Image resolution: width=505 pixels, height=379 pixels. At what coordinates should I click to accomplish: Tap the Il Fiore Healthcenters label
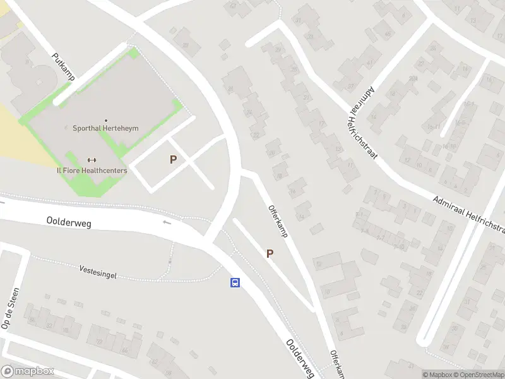coord(92,171)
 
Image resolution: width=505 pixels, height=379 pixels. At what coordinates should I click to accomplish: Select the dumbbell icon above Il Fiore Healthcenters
coord(92,160)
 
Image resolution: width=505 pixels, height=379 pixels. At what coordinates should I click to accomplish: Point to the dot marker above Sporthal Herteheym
coord(106,120)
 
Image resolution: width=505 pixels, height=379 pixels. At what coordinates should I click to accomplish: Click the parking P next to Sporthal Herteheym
coord(173,160)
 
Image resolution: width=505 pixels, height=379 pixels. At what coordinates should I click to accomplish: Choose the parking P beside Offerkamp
coord(270,253)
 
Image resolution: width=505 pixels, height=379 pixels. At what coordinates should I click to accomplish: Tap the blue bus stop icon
coord(235,282)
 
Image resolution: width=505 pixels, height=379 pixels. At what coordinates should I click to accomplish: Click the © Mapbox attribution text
coord(437,375)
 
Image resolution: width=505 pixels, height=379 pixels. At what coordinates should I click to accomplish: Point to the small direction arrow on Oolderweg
coord(167,222)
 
